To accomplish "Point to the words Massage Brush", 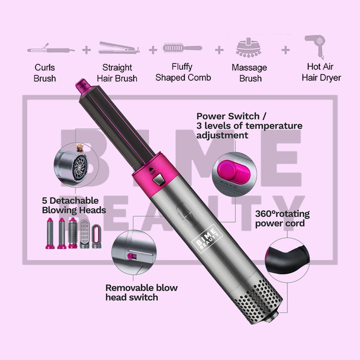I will click(x=249, y=73).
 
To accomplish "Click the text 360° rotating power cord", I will click(x=282, y=219).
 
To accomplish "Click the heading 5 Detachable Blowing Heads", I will click(x=74, y=205).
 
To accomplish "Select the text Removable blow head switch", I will click(x=141, y=292).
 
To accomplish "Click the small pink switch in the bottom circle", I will click(x=129, y=256).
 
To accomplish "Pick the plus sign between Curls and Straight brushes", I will click(x=86, y=50).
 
